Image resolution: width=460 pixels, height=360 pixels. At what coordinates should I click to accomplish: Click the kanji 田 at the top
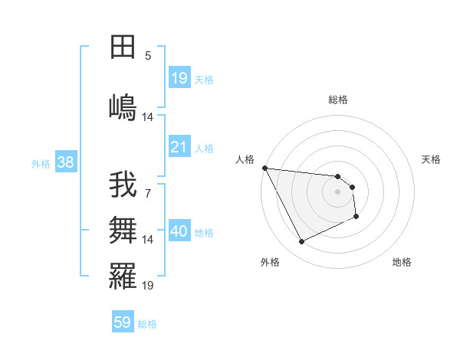pyautogui.click(x=123, y=47)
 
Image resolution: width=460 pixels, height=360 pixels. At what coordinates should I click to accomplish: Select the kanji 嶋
pyautogui.click(x=123, y=106)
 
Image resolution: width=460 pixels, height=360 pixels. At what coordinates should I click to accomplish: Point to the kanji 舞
pyautogui.click(x=123, y=229)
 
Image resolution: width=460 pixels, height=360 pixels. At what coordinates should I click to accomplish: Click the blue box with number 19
pyautogui.click(x=179, y=78)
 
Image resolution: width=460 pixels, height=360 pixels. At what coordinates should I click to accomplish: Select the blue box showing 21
pyautogui.click(x=179, y=147)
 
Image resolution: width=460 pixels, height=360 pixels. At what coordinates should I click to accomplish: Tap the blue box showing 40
pyautogui.click(x=179, y=231)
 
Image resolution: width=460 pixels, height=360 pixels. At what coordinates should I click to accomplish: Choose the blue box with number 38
pyautogui.click(x=65, y=162)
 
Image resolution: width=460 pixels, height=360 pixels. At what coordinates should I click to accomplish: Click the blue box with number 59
pyautogui.click(x=123, y=322)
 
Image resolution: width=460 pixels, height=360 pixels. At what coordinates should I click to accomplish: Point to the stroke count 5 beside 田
pyautogui.click(x=148, y=56)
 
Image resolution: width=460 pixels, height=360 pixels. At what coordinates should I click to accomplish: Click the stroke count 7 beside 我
pyautogui.click(x=148, y=194)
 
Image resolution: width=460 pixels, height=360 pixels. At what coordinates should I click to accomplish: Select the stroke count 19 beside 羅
pyautogui.click(x=148, y=286)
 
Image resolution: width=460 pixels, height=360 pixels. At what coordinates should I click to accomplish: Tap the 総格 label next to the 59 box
pyautogui.click(x=147, y=324)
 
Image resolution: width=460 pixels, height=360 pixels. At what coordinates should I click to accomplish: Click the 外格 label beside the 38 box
pyautogui.click(x=40, y=163)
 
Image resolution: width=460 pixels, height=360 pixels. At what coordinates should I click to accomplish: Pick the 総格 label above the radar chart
pyautogui.click(x=338, y=100)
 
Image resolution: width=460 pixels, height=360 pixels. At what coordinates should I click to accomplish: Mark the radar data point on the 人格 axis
pyautogui.click(x=264, y=169)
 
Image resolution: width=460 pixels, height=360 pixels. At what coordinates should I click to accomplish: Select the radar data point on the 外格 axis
pyautogui.click(x=301, y=242)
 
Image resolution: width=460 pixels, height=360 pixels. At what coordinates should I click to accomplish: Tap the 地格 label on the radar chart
pyautogui.click(x=402, y=262)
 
